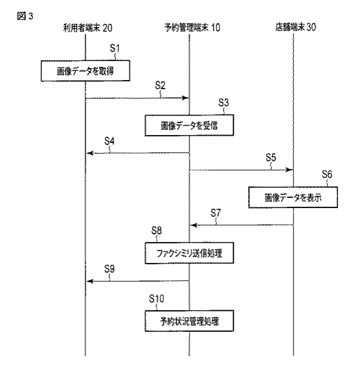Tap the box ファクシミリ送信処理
tap(189, 253)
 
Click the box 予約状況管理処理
tap(189, 322)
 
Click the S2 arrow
tap(138, 98)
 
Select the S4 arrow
tap(138, 153)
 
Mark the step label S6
tap(327, 175)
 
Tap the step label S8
tap(157, 230)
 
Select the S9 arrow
tap(138, 280)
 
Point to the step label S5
tap(272, 157)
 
